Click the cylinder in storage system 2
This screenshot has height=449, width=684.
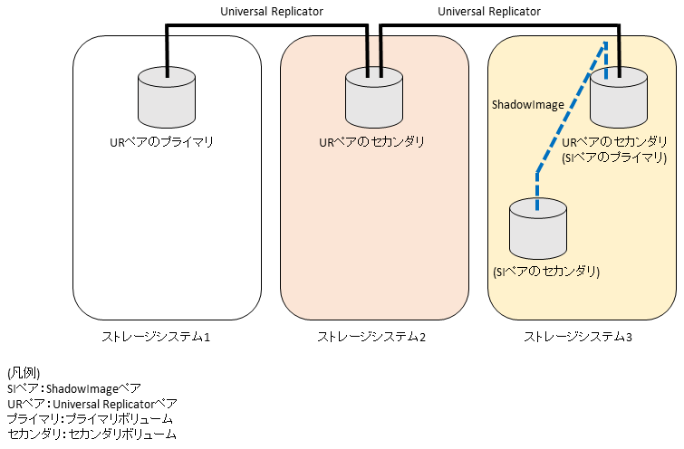(373, 99)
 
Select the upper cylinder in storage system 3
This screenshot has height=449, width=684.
(619, 99)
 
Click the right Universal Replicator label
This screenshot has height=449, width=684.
(488, 12)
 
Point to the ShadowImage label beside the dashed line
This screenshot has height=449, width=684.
(528, 105)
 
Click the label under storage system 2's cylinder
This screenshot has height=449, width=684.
(372, 142)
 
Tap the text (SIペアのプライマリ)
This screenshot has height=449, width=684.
(614, 158)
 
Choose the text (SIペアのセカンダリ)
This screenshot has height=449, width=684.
(546, 271)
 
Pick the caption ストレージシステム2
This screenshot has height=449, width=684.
(371, 338)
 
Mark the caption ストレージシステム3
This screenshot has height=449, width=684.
(578, 338)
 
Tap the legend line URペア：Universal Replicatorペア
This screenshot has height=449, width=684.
(92, 404)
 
